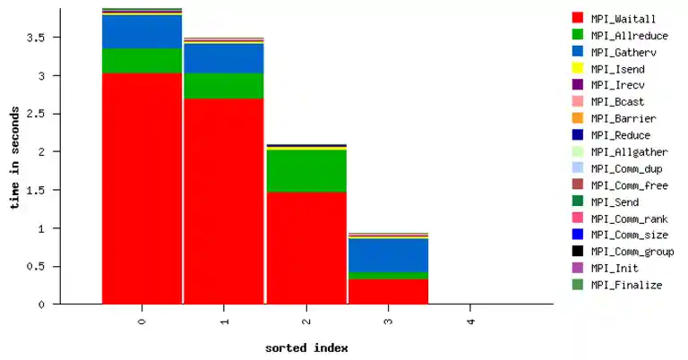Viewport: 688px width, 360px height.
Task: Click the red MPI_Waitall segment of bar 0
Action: coord(142,188)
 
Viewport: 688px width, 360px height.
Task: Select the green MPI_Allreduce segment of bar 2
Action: coord(306,170)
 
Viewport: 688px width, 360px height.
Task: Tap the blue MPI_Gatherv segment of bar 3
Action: coord(389,254)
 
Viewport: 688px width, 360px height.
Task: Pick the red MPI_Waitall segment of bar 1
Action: coord(224,201)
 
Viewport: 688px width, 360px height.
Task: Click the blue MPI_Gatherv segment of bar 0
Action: coord(142,31)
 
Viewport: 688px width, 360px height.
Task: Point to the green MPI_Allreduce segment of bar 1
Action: coord(224,85)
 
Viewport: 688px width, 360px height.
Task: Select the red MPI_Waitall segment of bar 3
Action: coord(389,291)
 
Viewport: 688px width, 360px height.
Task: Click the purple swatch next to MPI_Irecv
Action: coord(578,85)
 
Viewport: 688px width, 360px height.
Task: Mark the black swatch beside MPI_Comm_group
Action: coord(578,252)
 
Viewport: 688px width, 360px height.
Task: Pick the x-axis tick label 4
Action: coord(471,320)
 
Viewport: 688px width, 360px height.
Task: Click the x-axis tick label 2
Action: coord(306,320)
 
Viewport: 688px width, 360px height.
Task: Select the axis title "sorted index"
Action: coord(306,347)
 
